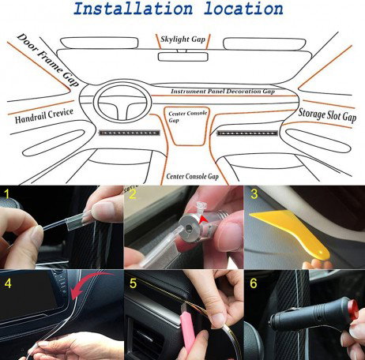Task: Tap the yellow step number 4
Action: (x=8, y=281)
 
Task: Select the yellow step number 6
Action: (x=254, y=281)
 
